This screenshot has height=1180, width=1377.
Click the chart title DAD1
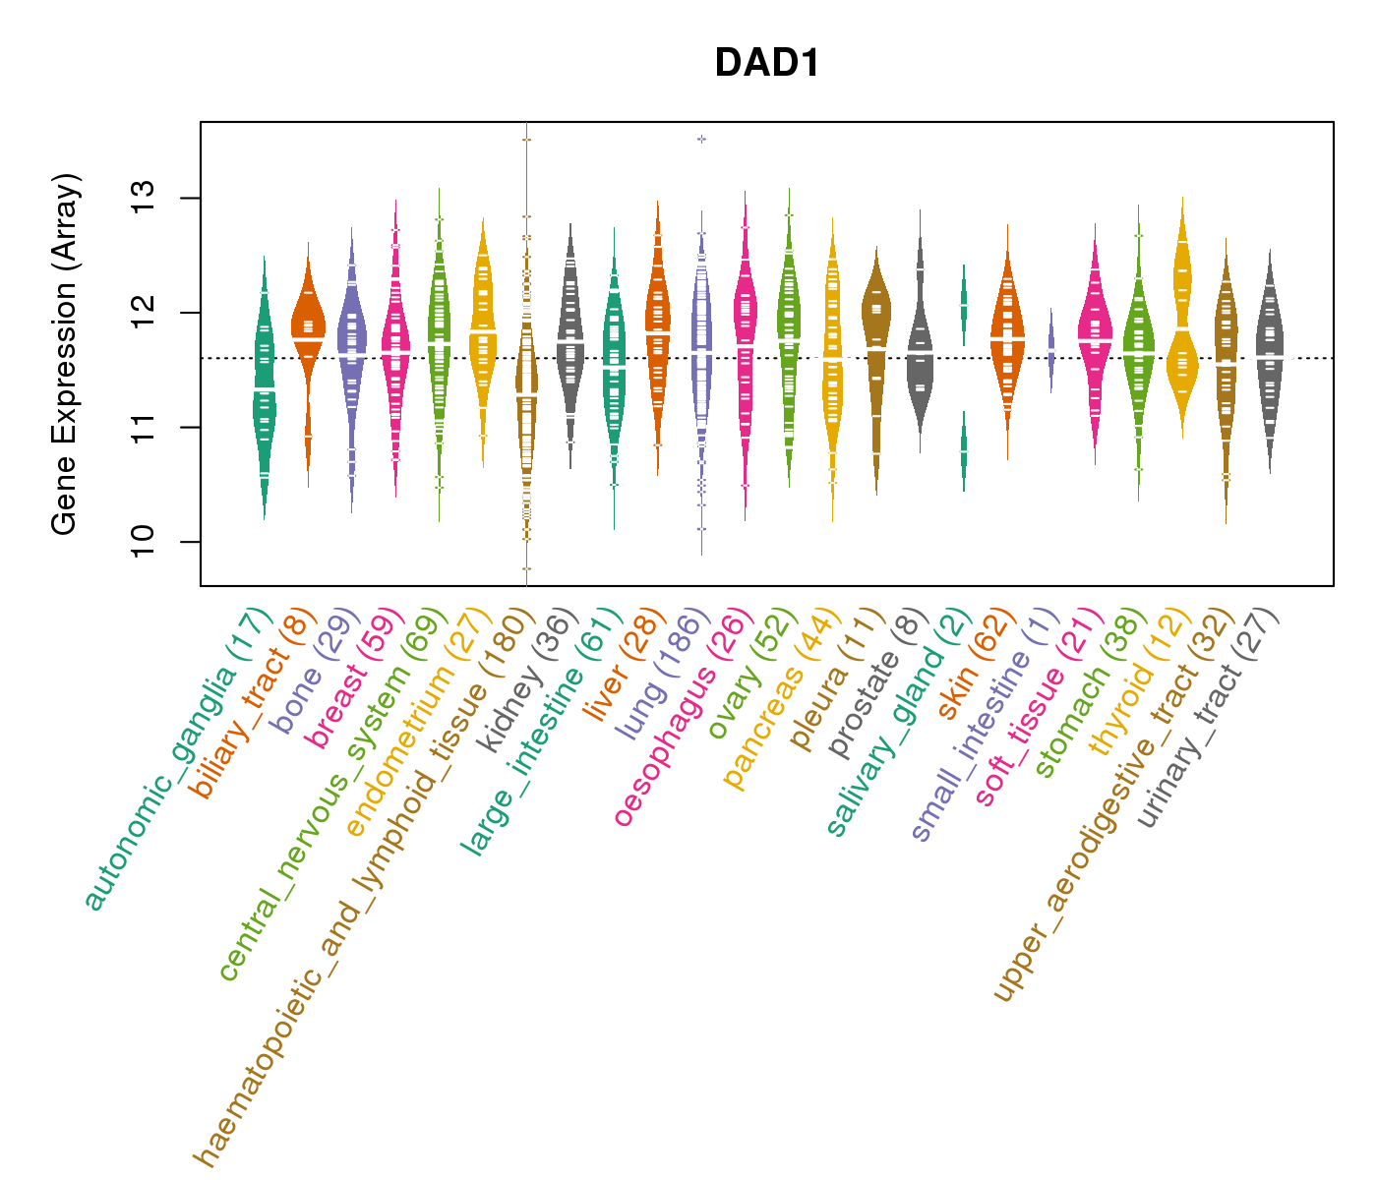pyautogui.click(x=767, y=63)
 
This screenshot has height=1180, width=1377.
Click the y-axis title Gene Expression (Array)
pyautogui.click(x=64, y=354)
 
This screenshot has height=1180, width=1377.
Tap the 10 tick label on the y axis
pyautogui.click(x=146, y=541)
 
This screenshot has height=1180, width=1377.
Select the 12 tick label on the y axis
pyautogui.click(x=146, y=313)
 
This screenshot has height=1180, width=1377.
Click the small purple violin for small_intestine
pyautogui.click(x=1050, y=352)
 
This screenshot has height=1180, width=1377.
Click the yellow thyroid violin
pyautogui.click(x=1182, y=324)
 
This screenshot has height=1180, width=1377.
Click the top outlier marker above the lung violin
pyautogui.click(x=701, y=139)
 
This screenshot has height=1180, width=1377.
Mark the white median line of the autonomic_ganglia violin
pyautogui.click(x=264, y=389)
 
